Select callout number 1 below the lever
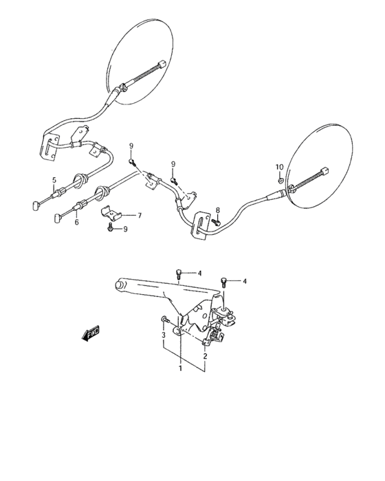point(180,368)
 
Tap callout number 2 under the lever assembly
point(204,357)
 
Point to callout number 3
point(164,335)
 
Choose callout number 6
point(76,222)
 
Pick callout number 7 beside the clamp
point(139,215)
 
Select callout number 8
point(218,210)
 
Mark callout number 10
point(279,167)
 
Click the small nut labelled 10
point(280,178)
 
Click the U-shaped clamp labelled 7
point(111,214)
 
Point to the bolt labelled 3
point(165,319)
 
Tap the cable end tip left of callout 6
point(55,219)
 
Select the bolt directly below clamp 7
point(110,229)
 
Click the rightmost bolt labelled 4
point(224,281)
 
